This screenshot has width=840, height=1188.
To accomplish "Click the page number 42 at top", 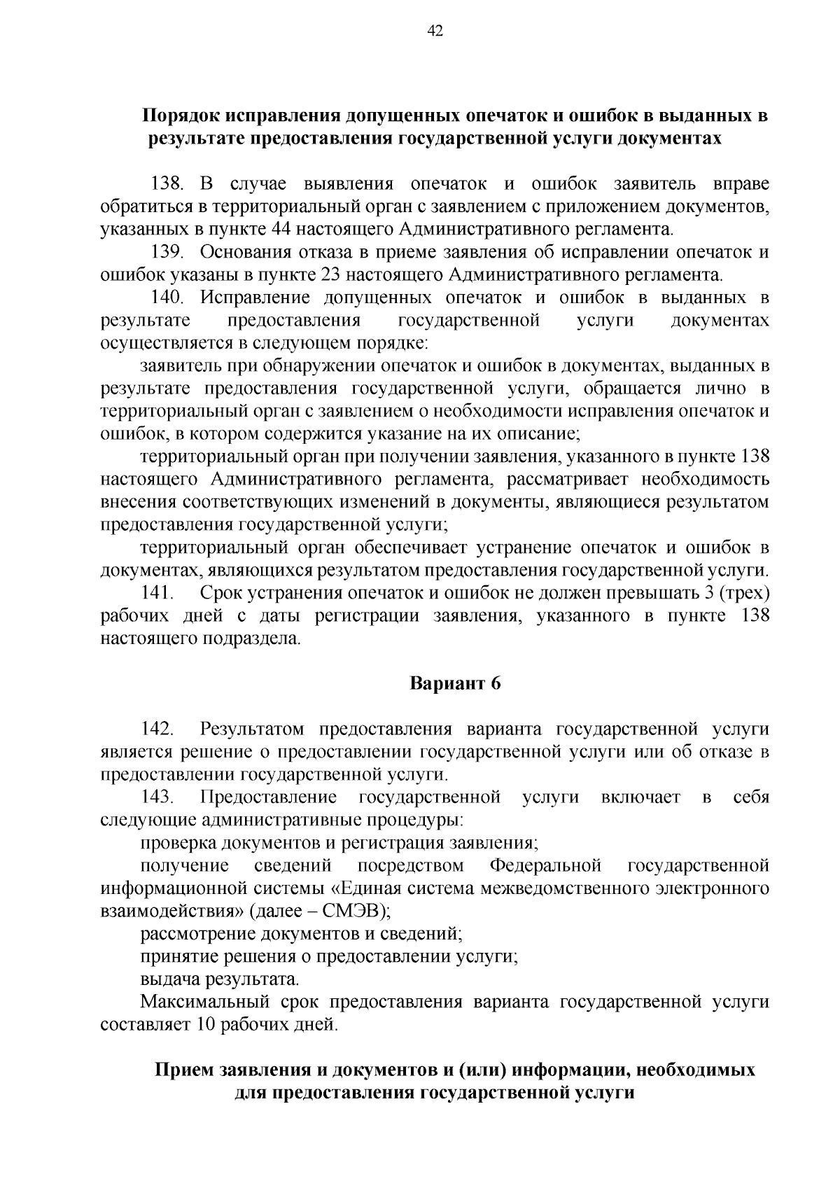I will [435, 30].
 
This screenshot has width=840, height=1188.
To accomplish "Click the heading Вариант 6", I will [456, 684].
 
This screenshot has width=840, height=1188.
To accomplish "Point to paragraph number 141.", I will [157, 594].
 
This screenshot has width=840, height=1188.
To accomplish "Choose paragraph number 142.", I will [157, 729].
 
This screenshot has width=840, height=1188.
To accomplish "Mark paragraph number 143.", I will [157, 797].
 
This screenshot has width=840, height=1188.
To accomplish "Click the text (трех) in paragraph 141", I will [748, 594].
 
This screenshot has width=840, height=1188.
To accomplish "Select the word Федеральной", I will [545, 866].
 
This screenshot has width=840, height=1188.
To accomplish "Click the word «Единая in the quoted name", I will [365, 889].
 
